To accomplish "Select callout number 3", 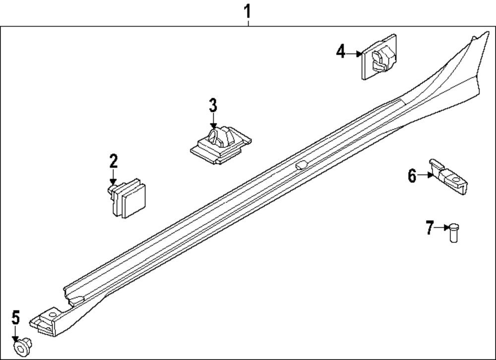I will pyautogui.click(x=213, y=105).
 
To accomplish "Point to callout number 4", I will pyautogui.click(x=340, y=52).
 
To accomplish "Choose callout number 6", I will pyautogui.click(x=412, y=175).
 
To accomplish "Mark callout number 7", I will pyautogui.click(x=430, y=228).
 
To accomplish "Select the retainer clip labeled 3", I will pyautogui.click(x=221, y=143).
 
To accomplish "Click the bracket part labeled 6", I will pyautogui.click(x=449, y=177).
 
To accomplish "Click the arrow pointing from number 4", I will pyautogui.click(x=355, y=53).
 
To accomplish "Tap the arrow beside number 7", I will pyautogui.click(x=442, y=228).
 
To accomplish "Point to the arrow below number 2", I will pyautogui.click(x=113, y=179).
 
